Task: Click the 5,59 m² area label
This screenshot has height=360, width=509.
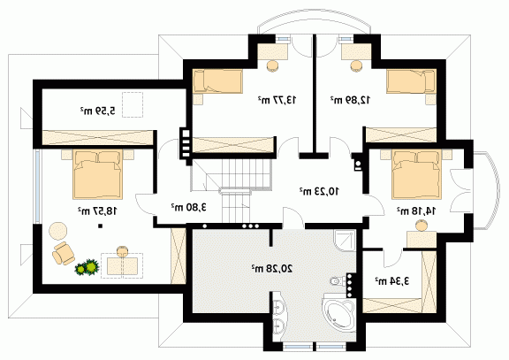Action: tap(97, 111)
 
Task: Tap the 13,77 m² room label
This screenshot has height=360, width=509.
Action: tap(277, 100)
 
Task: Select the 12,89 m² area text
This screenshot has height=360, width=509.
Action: tap(350, 100)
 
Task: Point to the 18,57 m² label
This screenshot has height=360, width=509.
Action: tap(97, 211)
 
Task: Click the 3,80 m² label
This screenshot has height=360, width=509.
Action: tap(189, 207)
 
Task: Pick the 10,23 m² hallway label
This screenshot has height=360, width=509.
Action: tap(319, 191)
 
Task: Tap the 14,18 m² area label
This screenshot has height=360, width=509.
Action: tap(416, 211)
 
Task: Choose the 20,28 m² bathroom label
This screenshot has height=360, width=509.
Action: tap(271, 268)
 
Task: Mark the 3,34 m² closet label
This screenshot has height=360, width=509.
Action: tap(392, 280)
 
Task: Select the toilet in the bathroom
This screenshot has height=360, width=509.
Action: tap(338, 280)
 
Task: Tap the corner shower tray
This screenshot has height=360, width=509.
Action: tap(346, 241)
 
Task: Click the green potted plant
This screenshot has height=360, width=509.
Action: tap(87, 267)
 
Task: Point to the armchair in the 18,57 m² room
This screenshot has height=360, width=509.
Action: tap(64, 253)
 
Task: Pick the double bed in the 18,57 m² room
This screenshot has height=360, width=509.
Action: tap(98, 174)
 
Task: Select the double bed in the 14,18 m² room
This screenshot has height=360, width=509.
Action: tap(417, 174)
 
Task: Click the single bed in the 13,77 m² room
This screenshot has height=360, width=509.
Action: tap(217, 81)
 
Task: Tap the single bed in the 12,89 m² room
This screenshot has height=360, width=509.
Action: tap(411, 81)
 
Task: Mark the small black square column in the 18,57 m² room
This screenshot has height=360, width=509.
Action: tap(101, 226)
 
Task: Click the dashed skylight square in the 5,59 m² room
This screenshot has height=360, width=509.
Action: tap(133, 104)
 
